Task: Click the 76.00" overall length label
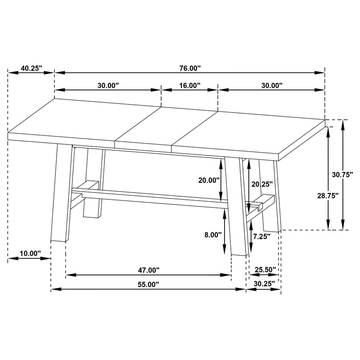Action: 189,68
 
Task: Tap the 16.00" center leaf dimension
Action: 189,85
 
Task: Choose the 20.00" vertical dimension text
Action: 209,180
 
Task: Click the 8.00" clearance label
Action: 213,234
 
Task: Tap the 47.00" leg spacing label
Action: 148,270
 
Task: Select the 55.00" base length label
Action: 148,285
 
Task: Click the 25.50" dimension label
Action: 265,270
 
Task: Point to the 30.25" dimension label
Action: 264,284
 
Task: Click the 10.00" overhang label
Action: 30,254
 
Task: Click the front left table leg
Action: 61,193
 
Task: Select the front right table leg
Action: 236,207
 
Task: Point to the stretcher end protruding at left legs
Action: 89,185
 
